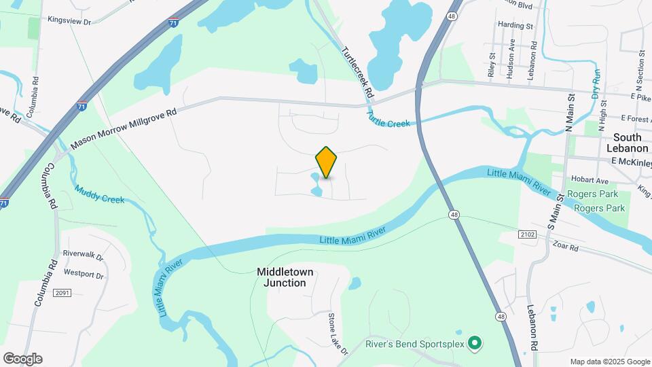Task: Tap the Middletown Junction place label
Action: click(x=285, y=277)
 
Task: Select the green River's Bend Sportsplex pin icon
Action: click(x=475, y=344)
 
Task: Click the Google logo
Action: click(x=22, y=359)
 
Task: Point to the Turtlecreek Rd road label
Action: click(x=358, y=71)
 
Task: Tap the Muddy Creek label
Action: click(x=99, y=195)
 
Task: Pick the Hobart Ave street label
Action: click(x=590, y=181)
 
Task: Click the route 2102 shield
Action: click(x=526, y=234)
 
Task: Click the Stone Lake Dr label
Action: click(x=338, y=334)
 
